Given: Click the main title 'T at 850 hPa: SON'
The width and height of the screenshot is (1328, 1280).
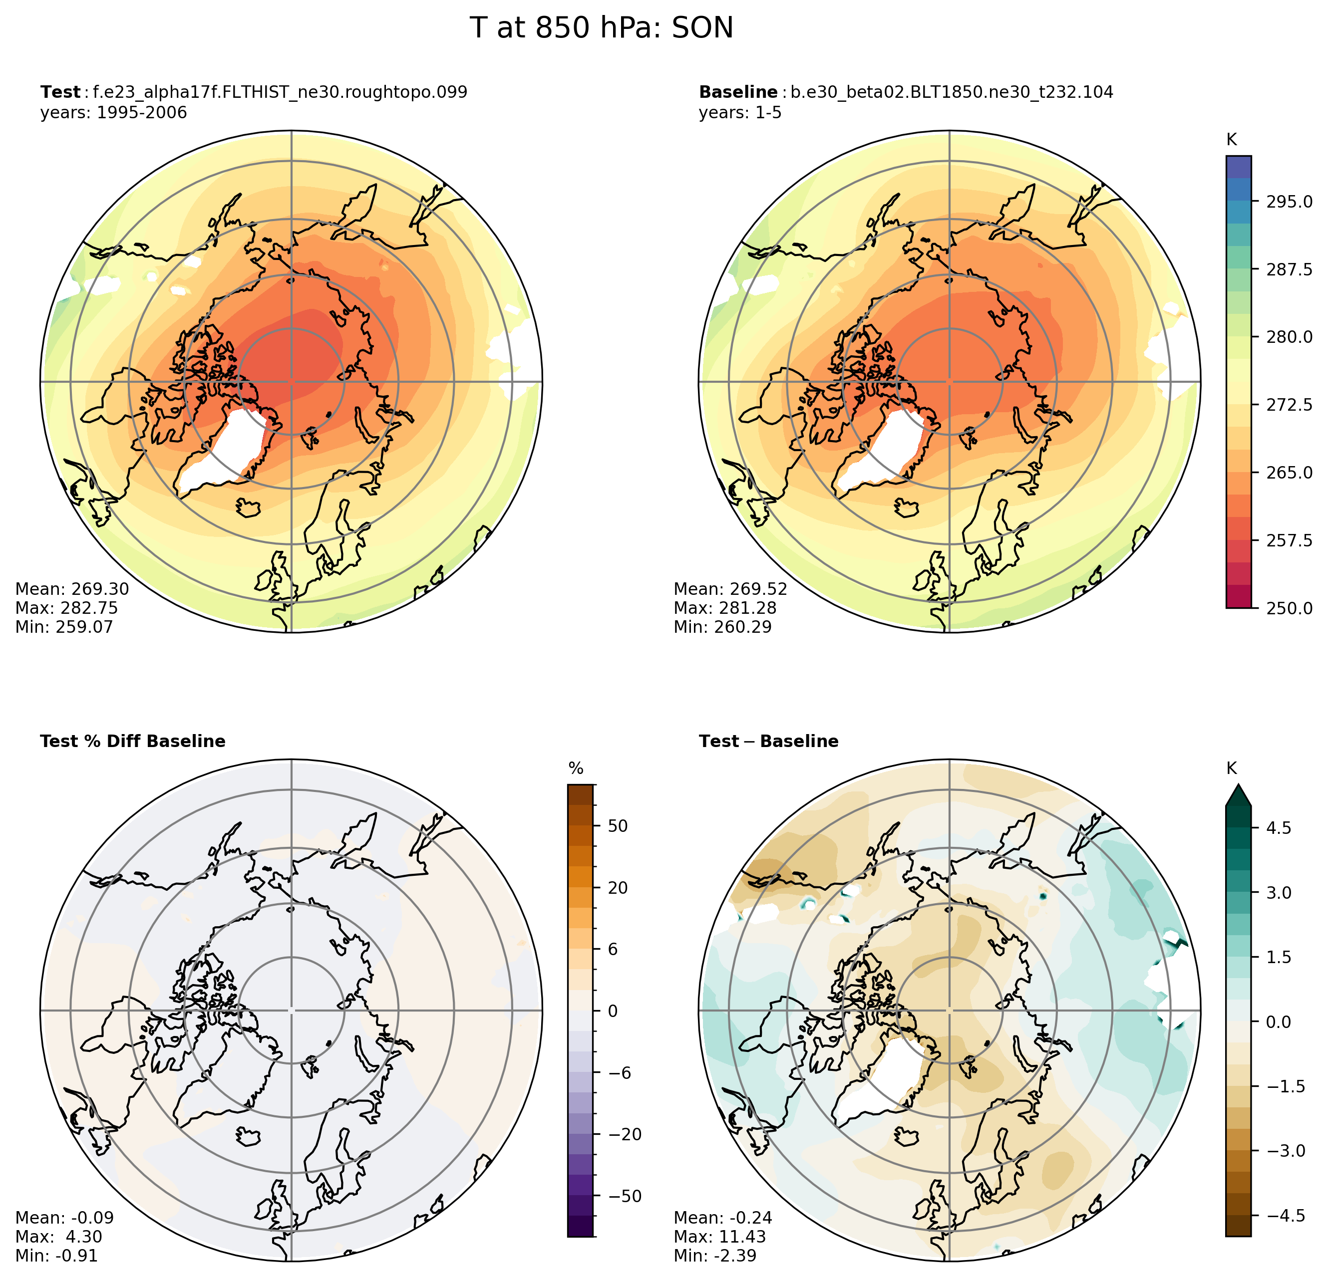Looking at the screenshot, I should (x=601, y=28).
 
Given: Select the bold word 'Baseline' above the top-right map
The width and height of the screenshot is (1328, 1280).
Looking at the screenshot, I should (x=738, y=92).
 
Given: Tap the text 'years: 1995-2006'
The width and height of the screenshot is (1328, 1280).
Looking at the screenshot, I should (x=113, y=112).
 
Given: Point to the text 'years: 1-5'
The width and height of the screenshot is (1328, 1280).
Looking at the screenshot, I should (x=740, y=112).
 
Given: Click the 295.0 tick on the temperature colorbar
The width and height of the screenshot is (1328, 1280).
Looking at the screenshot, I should (x=1289, y=202).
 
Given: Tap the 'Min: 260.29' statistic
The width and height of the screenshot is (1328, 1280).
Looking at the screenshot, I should (x=722, y=627).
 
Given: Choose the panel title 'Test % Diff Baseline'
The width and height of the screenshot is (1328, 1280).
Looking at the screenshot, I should (x=133, y=742).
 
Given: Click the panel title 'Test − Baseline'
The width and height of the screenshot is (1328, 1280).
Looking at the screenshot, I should (x=768, y=742).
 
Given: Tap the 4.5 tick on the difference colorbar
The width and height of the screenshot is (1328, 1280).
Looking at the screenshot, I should (x=1278, y=827).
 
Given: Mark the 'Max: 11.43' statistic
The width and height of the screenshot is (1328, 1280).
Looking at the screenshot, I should (x=719, y=1237).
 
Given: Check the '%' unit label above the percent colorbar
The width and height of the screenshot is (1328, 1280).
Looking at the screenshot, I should (x=576, y=768).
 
